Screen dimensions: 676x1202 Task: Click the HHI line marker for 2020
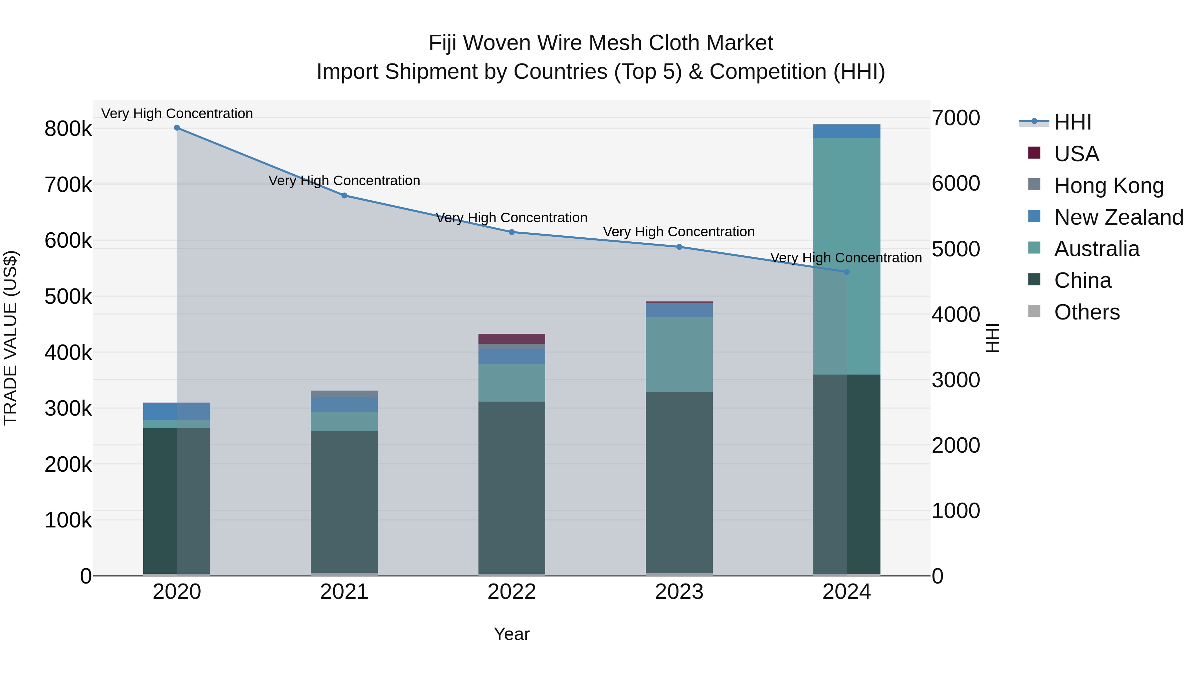pos(177,128)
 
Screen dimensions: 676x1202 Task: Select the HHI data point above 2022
pos(512,232)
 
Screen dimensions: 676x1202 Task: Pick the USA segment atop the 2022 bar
pos(512,339)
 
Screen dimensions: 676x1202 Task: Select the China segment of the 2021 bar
pos(344,501)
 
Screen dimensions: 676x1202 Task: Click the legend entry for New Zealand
pos(1119,217)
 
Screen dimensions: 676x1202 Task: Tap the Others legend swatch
pos(1034,311)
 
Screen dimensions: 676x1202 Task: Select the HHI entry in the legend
pos(1072,122)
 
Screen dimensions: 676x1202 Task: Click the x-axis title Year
pos(512,634)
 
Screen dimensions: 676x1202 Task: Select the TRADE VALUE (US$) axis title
pos(10,338)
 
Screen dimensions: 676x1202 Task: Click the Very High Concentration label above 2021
pos(344,181)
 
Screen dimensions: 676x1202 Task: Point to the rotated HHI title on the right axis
pos(993,338)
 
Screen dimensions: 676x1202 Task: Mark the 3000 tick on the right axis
pos(956,380)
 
